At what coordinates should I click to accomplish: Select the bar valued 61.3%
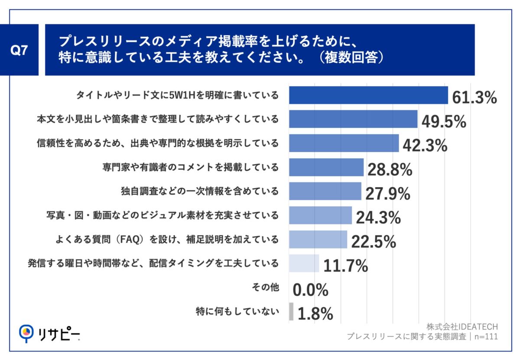pyautogui.click(x=368, y=95)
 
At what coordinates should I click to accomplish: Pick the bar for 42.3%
pyautogui.click(x=344, y=143)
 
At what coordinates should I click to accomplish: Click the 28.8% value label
pyautogui.click(x=390, y=170)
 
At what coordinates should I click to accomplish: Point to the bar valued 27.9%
pyautogui.click(x=325, y=191)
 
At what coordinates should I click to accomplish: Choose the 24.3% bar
pyautogui.click(x=320, y=215)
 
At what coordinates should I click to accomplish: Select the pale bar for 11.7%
pyautogui.click(x=304, y=263)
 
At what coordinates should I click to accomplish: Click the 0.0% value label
pyautogui.click(x=310, y=290)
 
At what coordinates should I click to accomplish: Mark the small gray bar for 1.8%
pyautogui.click(x=291, y=311)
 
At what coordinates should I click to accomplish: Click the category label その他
pyautogui.click(x=265, y=287)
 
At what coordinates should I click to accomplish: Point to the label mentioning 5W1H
pyautogui.click(x=177, y=95)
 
